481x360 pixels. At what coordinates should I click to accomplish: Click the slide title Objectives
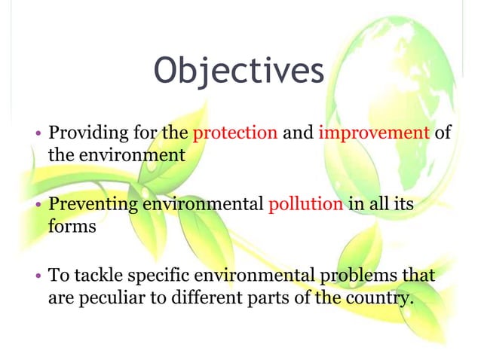[x=239, y=72]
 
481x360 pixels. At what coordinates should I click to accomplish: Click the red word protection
[x=235, y=134]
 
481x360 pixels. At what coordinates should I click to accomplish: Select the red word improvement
[x=374, y=134]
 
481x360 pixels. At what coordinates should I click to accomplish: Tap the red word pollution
[x=305, y=204]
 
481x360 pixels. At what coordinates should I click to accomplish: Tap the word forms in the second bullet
[x=72, y=225]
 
